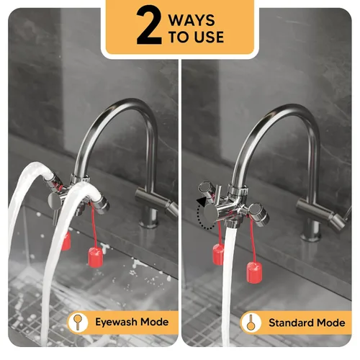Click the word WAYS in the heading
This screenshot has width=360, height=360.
[x=192, y=20]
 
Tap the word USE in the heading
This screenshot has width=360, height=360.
[x=209, y=37]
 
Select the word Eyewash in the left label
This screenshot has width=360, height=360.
[x=116, y=322]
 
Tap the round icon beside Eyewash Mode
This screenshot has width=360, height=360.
[x=78, y=322]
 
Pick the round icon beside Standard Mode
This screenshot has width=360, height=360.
[x=251, y=323]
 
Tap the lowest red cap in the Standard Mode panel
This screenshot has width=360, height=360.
[x=254, y=273]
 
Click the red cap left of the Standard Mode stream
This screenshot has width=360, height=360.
[x=218, y=254]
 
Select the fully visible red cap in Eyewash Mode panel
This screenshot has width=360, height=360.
[x=96, y=257]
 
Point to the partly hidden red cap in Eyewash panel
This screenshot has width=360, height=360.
[x=66, y=241]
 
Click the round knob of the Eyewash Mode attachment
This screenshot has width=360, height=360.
[x=54, y=202]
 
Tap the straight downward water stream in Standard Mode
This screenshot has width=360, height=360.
[x=228, y=286]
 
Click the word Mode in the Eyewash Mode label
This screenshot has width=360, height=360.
[x=154, y=322]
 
